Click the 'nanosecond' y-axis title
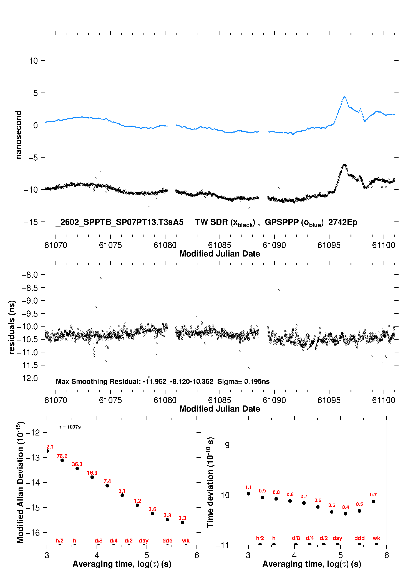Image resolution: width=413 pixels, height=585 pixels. (x=18, y=135)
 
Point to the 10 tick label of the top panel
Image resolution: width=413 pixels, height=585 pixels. (x=33, y=61)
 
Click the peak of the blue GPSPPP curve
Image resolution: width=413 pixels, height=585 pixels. (x=344, y=97)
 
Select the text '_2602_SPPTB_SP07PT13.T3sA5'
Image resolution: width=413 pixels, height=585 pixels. (x=119, y=222)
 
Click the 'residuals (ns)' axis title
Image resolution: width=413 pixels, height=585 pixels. (x=12, y=327)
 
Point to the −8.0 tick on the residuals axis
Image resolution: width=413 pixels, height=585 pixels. (x=30, y=275)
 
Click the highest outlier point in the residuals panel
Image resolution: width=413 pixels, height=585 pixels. (x=101, y=278)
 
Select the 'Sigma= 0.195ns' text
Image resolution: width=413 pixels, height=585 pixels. (x=243, y=381)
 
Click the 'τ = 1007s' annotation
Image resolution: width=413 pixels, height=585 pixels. (x=70, y=427)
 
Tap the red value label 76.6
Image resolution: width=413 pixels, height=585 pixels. (x=62, y=456)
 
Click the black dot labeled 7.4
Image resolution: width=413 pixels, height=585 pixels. (x=107, y=486)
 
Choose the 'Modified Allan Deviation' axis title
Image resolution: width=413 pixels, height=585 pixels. (x=20, y=482)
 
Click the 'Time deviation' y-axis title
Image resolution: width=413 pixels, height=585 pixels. (x=210, y=482)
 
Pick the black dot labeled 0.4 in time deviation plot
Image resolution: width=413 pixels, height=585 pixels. (x=346, y=514)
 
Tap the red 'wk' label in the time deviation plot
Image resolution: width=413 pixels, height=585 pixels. (x=376, y=538)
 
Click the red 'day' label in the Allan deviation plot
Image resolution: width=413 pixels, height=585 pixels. (x=143, y=541)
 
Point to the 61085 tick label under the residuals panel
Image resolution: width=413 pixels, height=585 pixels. (x=220, y=400)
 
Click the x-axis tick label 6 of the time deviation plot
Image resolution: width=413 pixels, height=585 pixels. (x=386, y=555)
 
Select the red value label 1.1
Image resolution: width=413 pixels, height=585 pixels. (x=248, y=487)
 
